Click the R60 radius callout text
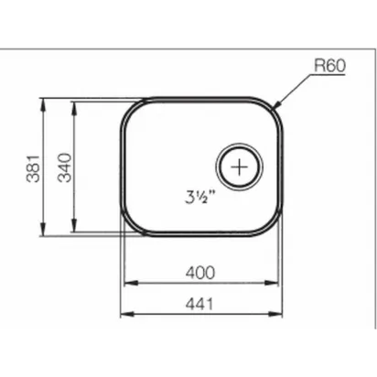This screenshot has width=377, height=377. (329, 66)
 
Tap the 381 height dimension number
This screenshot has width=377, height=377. (33, 168)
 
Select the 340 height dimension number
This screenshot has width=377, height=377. (65, 167)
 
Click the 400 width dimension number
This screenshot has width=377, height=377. (200, 273)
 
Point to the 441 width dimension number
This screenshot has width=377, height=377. (199, 304)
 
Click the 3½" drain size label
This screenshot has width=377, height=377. (200, 197)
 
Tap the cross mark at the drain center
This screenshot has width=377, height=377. (240, 167)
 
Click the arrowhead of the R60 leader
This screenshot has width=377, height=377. (277, 104)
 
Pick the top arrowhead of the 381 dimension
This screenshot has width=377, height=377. (43, 104)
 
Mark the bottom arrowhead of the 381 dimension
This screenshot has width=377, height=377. (43, 230)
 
